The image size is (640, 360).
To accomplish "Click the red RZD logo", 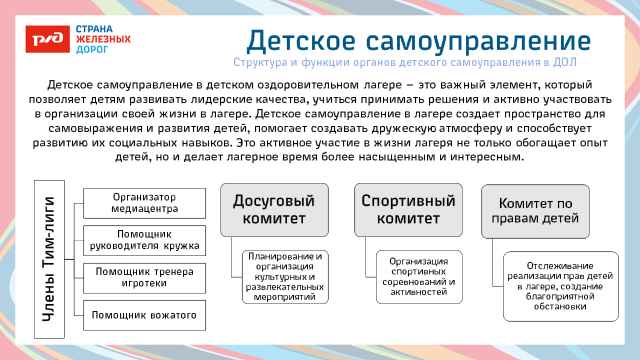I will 47,39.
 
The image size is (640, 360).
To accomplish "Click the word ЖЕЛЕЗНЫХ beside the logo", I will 103,39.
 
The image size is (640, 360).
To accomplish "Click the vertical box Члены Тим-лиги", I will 49,259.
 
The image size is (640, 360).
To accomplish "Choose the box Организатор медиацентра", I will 144,203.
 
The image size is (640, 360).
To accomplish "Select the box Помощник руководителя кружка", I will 144,241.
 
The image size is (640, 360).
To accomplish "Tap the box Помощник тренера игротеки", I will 144,278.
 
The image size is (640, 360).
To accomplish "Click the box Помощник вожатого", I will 144,315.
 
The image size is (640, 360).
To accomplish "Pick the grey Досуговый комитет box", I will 274,210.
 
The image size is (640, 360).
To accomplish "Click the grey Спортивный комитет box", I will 408,210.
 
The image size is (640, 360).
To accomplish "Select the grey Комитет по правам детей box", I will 535,211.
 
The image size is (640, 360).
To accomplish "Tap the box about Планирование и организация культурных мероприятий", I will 285,277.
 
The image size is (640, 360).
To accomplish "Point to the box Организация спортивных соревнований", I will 419,277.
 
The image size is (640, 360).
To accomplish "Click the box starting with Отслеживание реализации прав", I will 560,286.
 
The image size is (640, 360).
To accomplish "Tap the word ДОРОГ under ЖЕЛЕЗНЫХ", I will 92,50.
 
